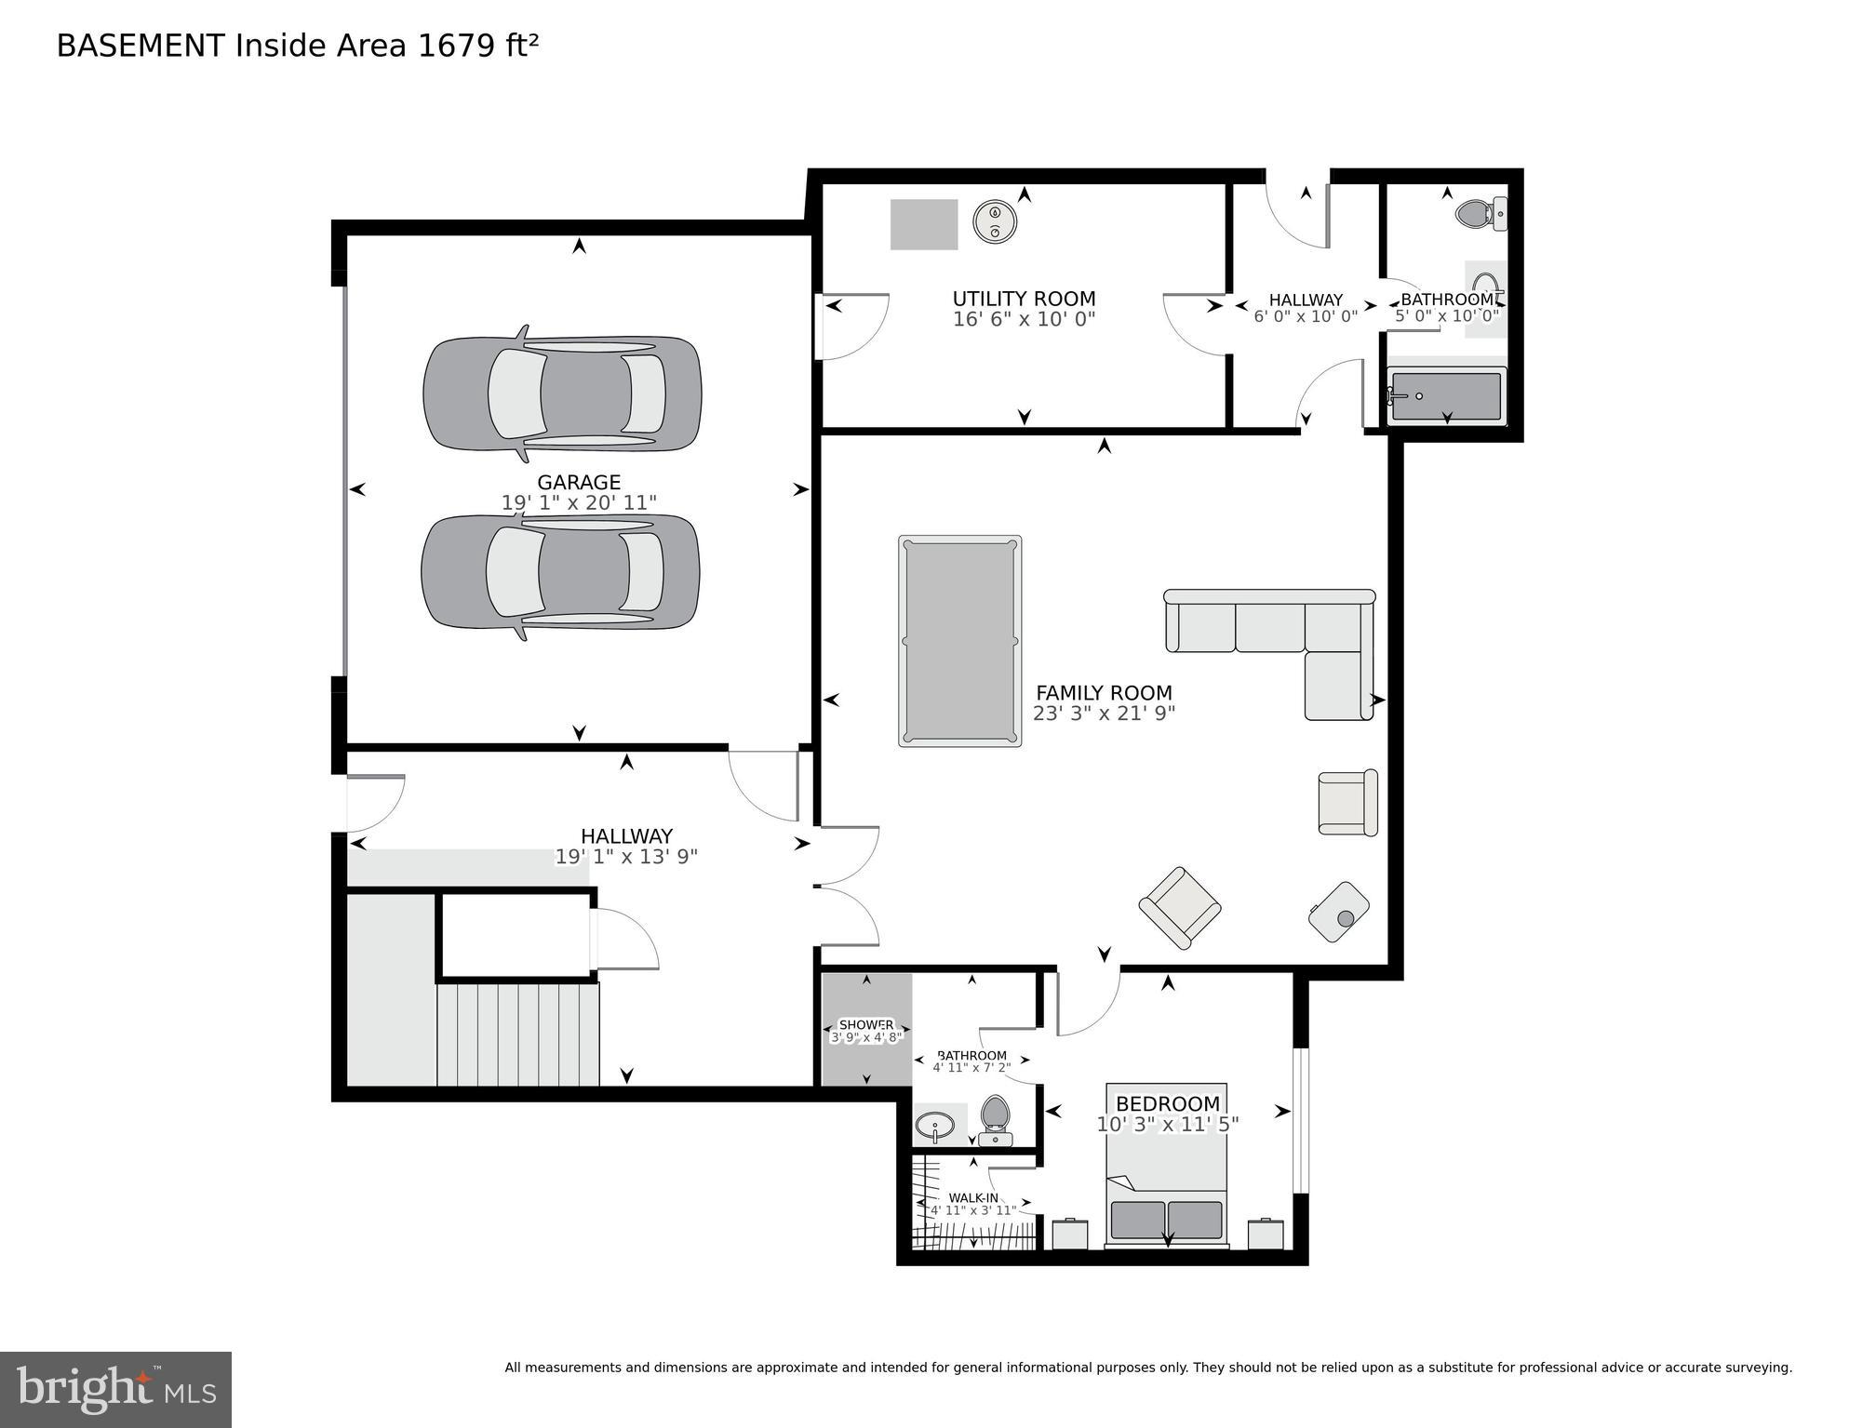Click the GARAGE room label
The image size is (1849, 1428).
578,482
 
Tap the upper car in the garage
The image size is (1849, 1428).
562,394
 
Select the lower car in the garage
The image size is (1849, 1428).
560,572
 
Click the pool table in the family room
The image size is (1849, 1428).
959,641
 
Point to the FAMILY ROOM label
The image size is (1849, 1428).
1104,693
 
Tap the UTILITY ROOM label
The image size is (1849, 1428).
1024,299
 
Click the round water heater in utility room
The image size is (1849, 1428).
995,222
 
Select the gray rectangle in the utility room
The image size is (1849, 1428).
923,224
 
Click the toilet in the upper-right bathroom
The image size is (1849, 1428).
1479,214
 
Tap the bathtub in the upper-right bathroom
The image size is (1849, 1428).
1445,395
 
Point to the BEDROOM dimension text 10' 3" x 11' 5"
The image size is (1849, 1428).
1167,1125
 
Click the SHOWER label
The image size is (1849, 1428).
865,1025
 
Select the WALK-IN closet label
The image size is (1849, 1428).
973,1198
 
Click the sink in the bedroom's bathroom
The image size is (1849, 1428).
934,1128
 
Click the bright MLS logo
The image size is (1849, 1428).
115,1390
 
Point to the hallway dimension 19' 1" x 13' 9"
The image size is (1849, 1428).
626,857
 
